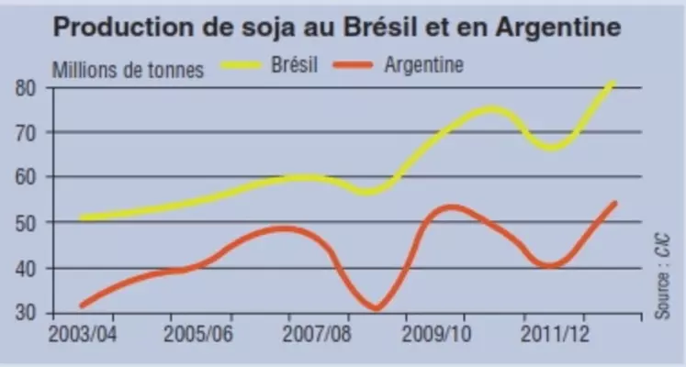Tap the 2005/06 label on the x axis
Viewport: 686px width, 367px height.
[198, 332]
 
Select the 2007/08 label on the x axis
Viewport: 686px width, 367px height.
[315, 332]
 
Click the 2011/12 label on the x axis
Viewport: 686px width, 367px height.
[548, 332]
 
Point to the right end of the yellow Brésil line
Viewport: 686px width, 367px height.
[613, 83]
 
